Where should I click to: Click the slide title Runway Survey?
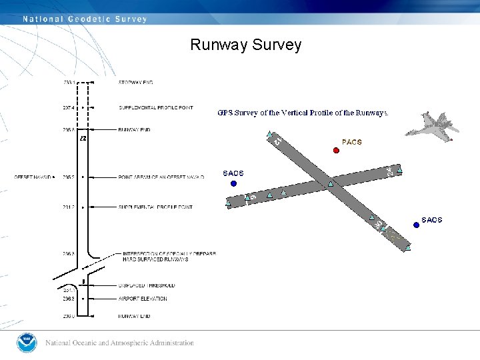click(245, 45)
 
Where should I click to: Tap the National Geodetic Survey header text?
click(85, 19)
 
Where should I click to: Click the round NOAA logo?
click(27, 343)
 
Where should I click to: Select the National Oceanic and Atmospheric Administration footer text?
click(120, 343)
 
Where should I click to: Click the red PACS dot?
click(336, 150)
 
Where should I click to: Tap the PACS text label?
click(351, 142)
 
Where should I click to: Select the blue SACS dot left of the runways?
click(233, 183)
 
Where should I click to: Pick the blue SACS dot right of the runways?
click(416, 225)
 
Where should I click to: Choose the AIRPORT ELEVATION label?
click(143, 299)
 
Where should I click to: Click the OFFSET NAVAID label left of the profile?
click(33, 177)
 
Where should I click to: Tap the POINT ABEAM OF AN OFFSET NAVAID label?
click(161, 177)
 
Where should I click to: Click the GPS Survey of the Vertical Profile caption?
click(303, 113)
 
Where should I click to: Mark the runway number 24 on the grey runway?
click(389, 172)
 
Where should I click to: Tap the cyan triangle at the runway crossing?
click(331, 183)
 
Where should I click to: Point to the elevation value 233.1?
click(69, 83)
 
